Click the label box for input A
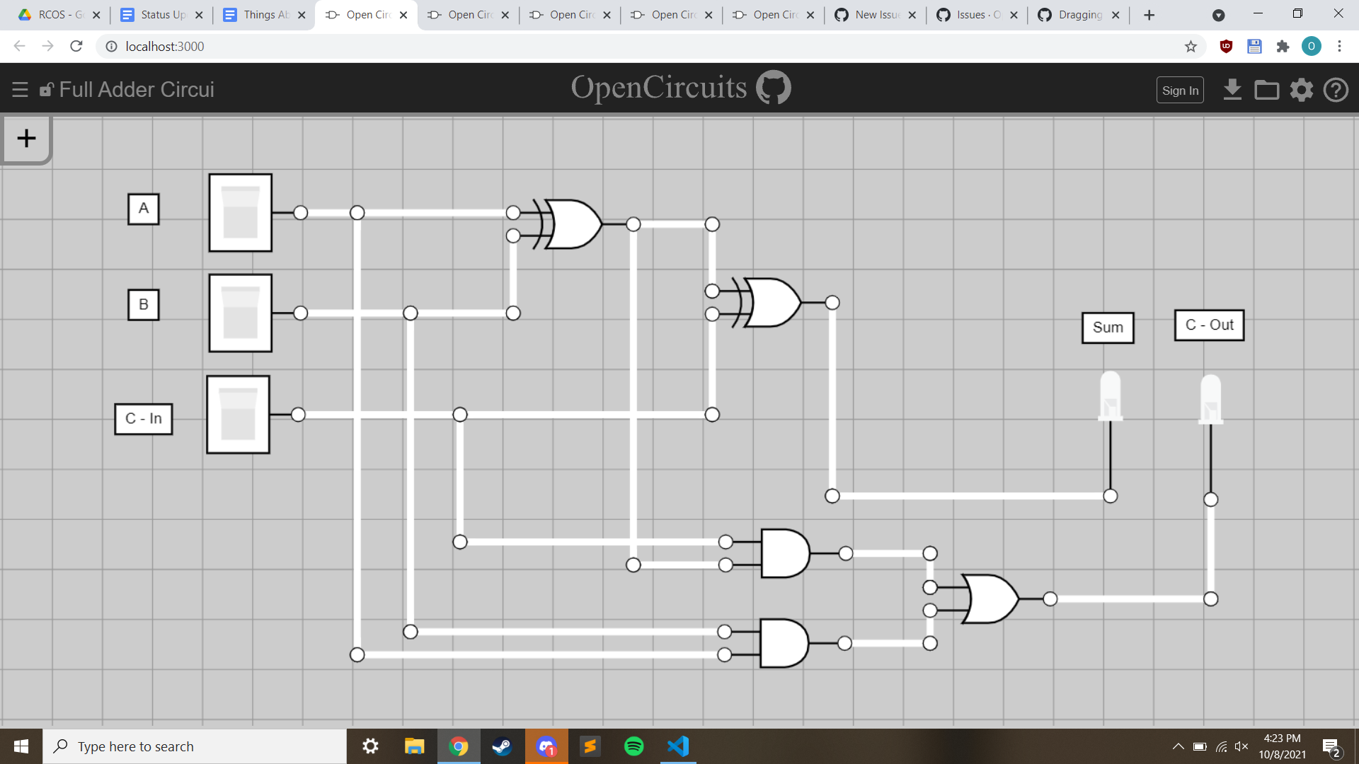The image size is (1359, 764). pyautogui.click(x=144, y=209)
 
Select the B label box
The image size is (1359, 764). pyautogui.click(x=144, y=305)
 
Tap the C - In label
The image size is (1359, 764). pyautogui.click(x=144, y=419)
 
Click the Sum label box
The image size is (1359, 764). pyautogui.click(x=1108, y=328)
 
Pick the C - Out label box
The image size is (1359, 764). pyautogui.click(x=1209, y=325)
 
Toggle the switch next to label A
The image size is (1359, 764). pyautogui.click(x=241, y=213)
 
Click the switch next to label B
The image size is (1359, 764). pyautogui.click(x=241, y=313)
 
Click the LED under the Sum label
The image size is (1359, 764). pyautogui.click(x=1110, y=396)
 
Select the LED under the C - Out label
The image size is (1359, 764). pyautogui.click(x=1210, y=399)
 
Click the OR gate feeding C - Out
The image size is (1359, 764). pyautogui.click(x=990, y=599)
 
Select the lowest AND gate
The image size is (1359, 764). pyautogui.click(x=784, y=643)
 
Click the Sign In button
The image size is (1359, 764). pyautogui.click(x=1180, y=91)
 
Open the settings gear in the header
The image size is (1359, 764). pyautogui.click(x=1301, y=90)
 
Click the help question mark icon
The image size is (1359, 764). pyautogui.click(x=1336, y=90)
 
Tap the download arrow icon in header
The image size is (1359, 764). pyautogui.click(x=1232, y=90)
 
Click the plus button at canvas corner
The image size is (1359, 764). pyautogui.click(x=26, y=138)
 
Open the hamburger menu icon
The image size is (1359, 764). pyautogui.click(x=20, y=90)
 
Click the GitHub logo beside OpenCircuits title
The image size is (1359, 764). pyautogui.click(x=774, y=88)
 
